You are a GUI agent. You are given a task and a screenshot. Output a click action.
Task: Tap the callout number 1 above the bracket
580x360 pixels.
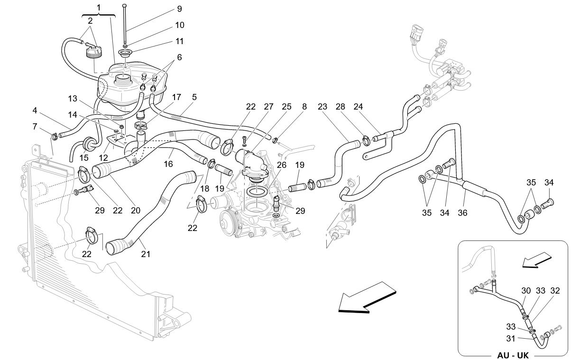click(99, 8)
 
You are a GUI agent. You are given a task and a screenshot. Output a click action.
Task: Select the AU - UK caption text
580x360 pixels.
click(513, 355)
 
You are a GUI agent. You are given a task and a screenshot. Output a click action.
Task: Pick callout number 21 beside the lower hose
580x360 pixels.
click(145, 254)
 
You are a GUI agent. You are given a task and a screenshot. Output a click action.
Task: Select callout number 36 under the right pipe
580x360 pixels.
click(462, 213)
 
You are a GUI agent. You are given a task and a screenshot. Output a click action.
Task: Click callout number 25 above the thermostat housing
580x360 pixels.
click(286, 107)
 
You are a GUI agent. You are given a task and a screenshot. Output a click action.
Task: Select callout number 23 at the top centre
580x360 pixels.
click(322, 107)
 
